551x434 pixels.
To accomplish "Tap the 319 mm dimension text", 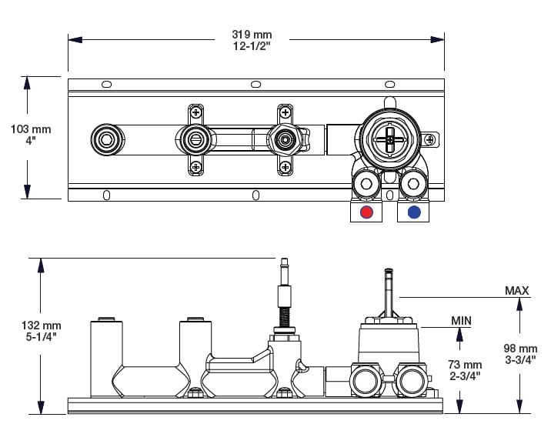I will click(252, 35).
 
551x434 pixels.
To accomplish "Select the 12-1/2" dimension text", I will click(252, 46).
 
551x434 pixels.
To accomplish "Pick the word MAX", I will click(516, 291).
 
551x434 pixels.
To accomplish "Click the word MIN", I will click(462, 320).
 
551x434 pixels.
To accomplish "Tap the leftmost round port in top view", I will click(105, 139).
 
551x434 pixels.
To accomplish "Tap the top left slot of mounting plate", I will click(106, 84).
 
